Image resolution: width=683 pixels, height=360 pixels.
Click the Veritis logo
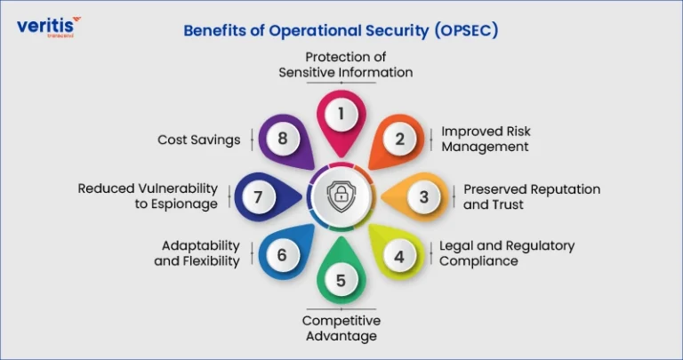49,27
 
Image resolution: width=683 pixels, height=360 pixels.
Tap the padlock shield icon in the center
341,196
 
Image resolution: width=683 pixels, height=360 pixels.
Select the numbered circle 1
341,114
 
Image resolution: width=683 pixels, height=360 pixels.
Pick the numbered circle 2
400,139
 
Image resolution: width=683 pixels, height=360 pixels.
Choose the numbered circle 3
424,196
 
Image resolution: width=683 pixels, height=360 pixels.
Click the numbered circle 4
399,256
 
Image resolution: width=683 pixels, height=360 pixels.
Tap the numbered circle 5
341,280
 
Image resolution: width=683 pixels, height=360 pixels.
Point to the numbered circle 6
283,255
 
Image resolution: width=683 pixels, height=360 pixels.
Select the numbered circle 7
259,196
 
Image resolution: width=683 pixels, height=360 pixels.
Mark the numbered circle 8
283,139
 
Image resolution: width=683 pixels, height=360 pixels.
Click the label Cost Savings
199,140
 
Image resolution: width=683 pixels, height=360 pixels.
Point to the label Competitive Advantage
341,328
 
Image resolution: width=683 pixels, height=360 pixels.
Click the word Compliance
478,261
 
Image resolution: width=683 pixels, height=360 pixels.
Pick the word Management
485,147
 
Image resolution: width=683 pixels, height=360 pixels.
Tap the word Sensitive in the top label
306,72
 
